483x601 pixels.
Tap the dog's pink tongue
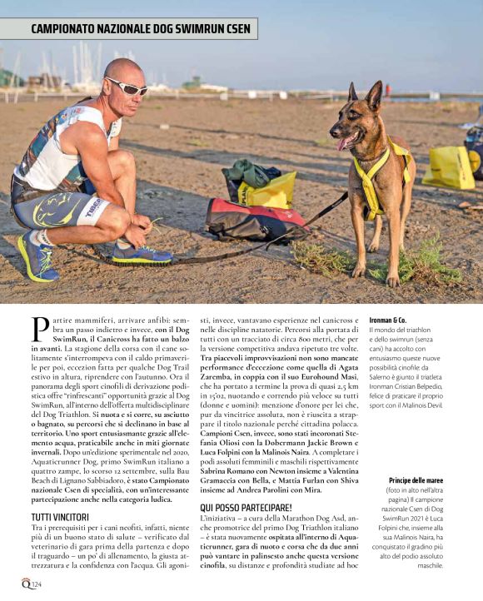point(343,143)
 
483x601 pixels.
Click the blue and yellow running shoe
point(38,255)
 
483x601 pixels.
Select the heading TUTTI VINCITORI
point(53,494)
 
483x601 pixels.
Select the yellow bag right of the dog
point(449,166)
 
